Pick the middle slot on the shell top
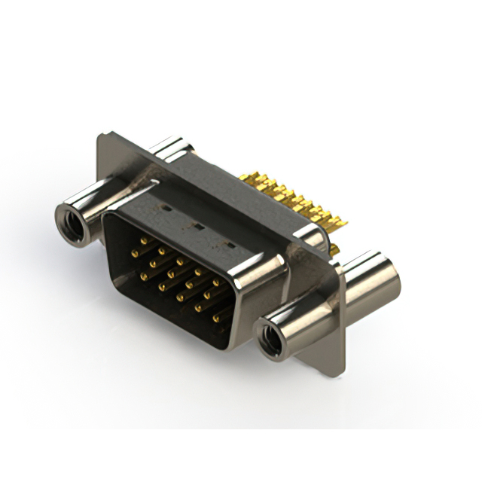[x=196, y=224]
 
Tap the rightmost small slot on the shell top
[x=231, y=245]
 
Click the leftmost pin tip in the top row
[x=143, y=239]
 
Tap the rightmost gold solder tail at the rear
[x=340, y=223]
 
